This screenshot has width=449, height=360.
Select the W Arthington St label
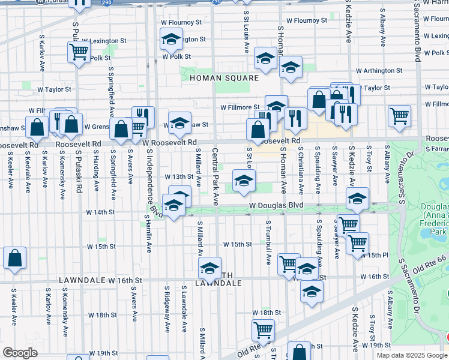pos(378,71)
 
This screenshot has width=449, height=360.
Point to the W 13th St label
pos(179,177)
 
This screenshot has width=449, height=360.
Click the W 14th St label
pos(100,212)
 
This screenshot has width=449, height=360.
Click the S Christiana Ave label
pos(301,170)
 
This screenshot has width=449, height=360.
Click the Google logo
pos(20,353)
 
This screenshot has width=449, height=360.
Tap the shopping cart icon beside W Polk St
pos(79,52)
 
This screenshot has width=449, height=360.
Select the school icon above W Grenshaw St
pos(179,122)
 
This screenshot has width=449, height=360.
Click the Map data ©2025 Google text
pos(411,355)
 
